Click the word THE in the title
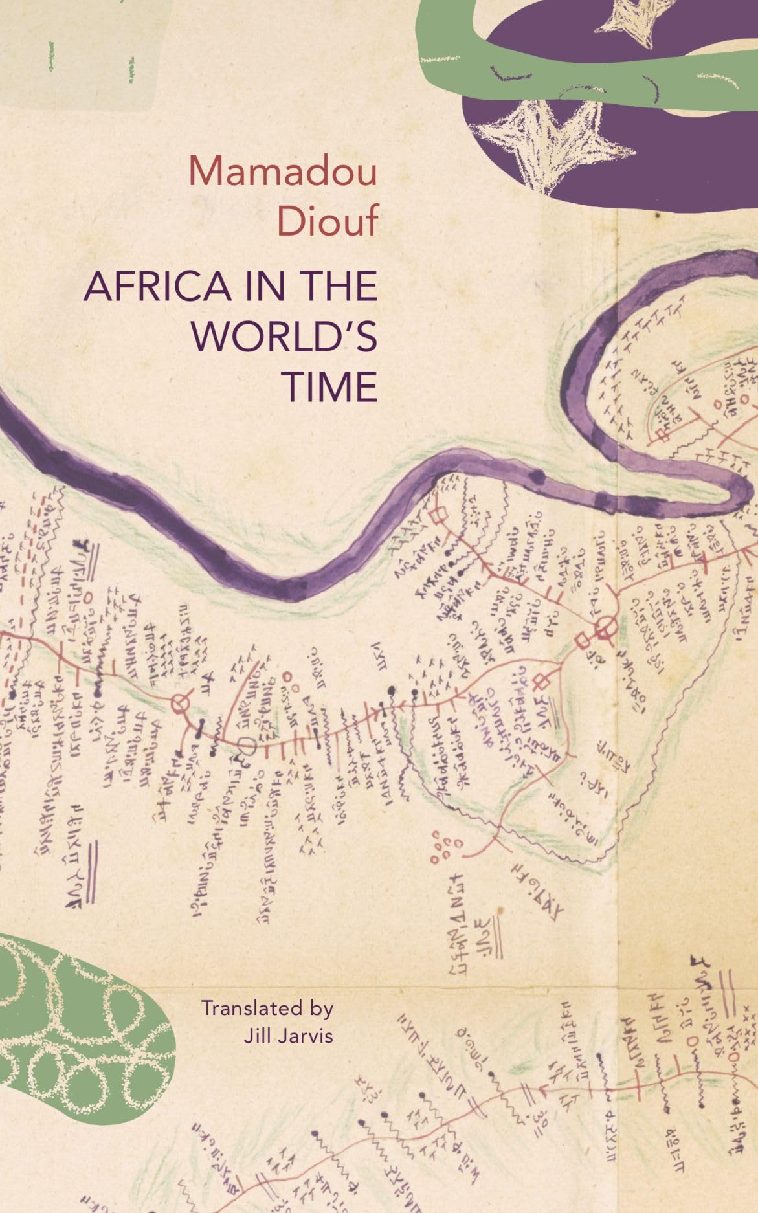[x=331, y=287]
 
